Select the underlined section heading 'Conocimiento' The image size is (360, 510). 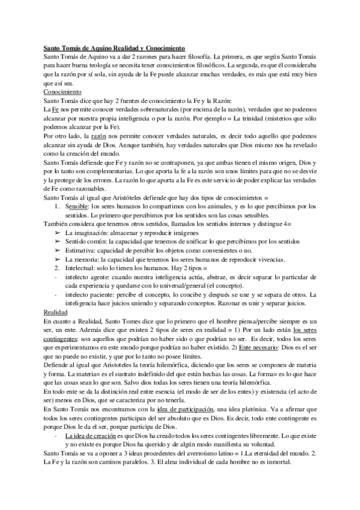click(63, 91)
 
